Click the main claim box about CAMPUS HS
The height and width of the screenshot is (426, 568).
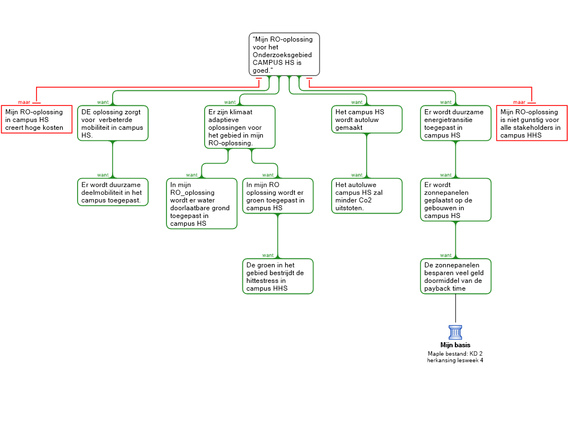[x=285, y=54]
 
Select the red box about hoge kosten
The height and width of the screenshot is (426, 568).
[x=37, y=120]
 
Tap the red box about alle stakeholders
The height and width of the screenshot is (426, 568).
[x=532, y=123]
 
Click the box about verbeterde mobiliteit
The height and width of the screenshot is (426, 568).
[x=113, y=123]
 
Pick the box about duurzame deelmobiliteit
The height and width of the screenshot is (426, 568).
[x=113, y=192]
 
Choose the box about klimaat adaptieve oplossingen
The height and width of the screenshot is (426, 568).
[x=240, y=127]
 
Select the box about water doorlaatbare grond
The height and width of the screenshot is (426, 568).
[x=202, y=204]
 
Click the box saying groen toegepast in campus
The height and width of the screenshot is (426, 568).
[x=278, y=196]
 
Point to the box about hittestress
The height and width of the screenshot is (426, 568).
[x=278, y=276]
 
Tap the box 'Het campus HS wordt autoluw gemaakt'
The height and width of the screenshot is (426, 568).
[x=367, y=120]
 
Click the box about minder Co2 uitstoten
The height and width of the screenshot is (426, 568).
[x=367, y=196]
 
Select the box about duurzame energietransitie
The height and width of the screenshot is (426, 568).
[x=456, y=123]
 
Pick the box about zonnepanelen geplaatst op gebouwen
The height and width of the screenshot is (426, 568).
[x=456, y=200]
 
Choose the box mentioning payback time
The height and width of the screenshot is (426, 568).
[x=456, y=276]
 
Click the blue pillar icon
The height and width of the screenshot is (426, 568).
[x=455, y=332]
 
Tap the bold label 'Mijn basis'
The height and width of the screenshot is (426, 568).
[x=455, y=345]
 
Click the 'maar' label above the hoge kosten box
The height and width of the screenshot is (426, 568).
[x=24, y=102]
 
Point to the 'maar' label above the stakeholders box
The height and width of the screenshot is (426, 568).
[x=519, y=102]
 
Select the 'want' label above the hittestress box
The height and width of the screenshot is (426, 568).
[x=268, y=255]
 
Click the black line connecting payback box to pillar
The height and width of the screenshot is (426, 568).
[x=456, y=310]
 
